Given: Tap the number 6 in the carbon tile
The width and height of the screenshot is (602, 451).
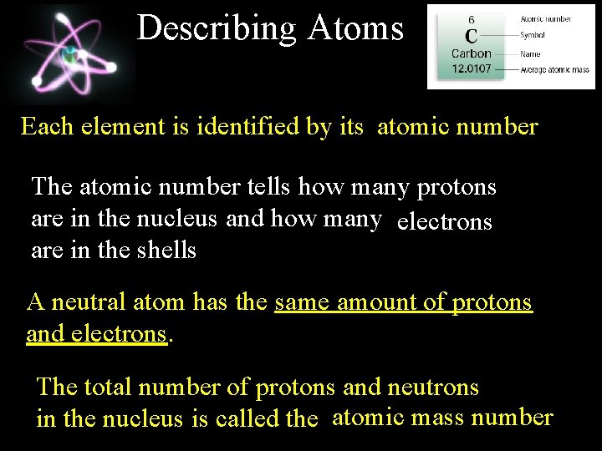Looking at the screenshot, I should [x=472, y=19].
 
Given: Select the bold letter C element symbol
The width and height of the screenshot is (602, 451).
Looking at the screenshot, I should [x=472, y=36].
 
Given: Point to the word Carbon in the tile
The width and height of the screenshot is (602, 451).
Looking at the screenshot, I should [x=472, y=54].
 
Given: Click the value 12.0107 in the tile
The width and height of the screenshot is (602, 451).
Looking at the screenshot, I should [x=472, y=69].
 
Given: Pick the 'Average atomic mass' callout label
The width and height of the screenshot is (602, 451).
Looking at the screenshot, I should [x=555, y=70].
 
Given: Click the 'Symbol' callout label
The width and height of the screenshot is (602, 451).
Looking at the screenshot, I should [x=533, y=36].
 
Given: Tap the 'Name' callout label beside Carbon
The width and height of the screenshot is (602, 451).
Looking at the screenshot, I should [x=530, y=53].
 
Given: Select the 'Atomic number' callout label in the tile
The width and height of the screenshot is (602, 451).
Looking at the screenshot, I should [x=545, y=18].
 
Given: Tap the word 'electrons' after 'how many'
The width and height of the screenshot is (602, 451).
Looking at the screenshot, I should [x=445, y=222].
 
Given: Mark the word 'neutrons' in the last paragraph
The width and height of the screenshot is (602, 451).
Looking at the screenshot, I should [x=433, y=387].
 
